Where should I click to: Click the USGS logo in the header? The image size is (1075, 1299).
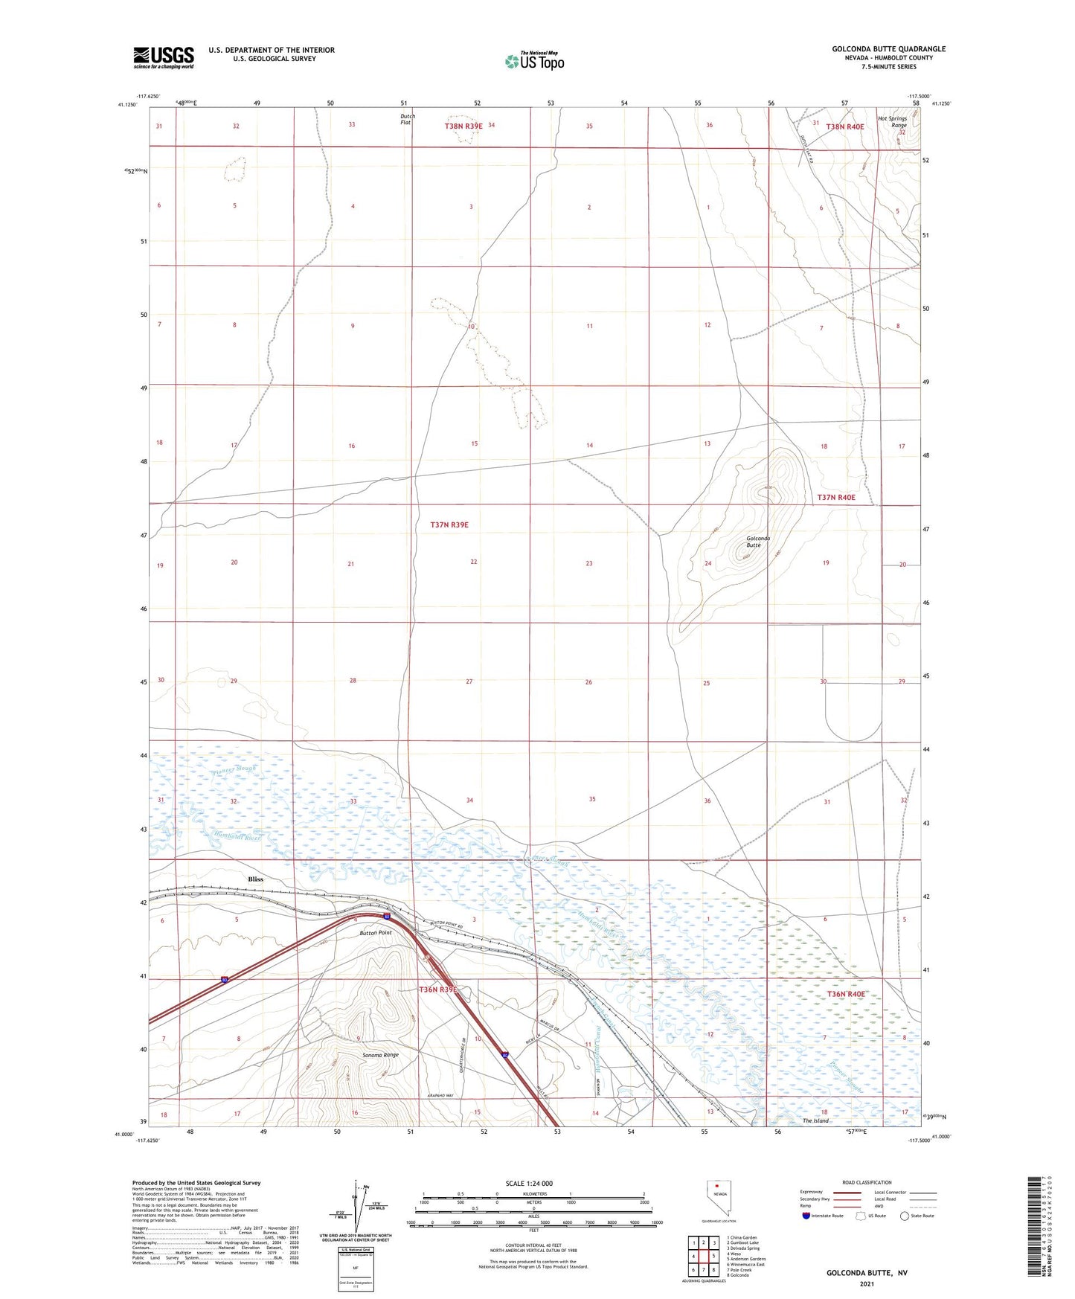point(163,57)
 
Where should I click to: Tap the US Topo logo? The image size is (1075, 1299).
point(534,61)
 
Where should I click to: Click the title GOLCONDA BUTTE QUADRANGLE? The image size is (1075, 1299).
point(888,49)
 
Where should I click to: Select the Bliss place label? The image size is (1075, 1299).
point(255,879)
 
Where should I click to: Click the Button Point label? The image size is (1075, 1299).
point(375,932)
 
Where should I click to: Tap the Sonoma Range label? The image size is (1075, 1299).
point(380,1055)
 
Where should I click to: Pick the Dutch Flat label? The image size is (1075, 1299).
point(407,119)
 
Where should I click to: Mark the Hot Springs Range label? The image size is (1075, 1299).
point(892,121)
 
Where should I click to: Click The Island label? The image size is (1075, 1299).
point(815,1120)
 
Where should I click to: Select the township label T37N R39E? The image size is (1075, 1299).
point(449,525)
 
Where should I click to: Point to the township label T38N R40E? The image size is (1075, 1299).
point(845,126)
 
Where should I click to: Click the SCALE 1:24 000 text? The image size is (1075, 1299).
point(529,1184)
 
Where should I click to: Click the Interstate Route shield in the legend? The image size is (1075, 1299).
point(806,1216)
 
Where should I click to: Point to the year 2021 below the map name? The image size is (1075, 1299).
point(866,1283)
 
